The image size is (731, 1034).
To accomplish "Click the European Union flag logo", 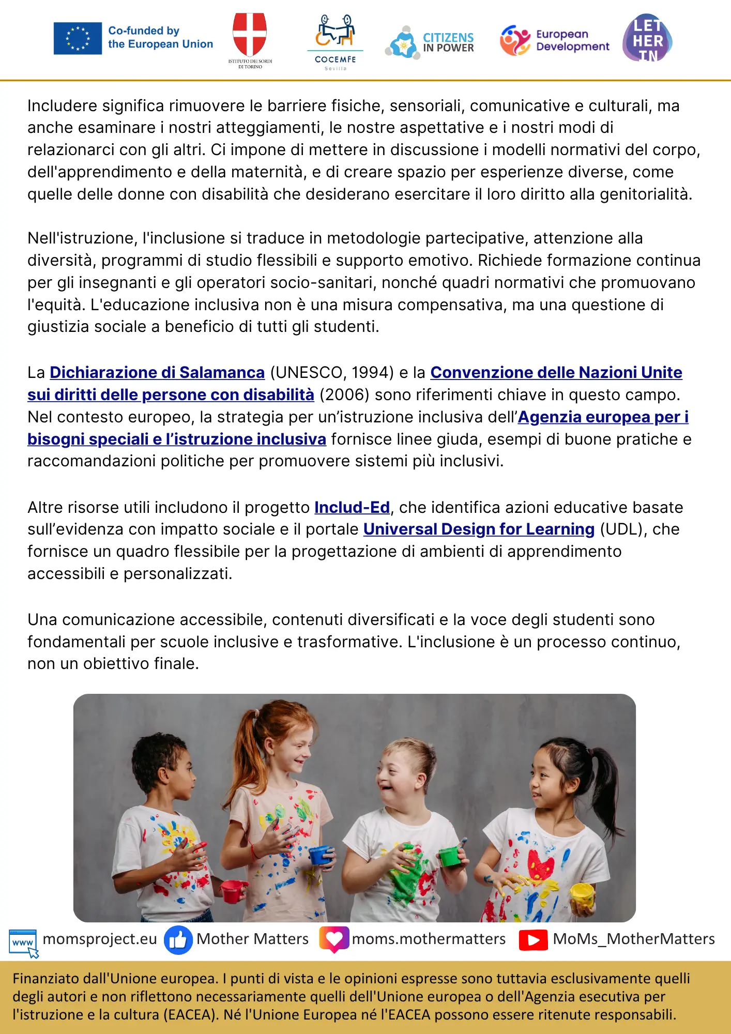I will pos(78,38).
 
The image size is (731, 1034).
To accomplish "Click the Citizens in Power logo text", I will pos(448,42).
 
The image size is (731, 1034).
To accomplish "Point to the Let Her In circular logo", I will pos(647,38).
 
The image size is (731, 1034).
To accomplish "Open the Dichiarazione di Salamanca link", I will pos(157,372).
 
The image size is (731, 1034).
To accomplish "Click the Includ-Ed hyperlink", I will pos(352,507).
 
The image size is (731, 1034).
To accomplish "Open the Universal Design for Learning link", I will pos(479,529).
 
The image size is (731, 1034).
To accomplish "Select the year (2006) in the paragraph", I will pos(344,394).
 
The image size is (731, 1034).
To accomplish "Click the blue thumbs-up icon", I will pos(178,939).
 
